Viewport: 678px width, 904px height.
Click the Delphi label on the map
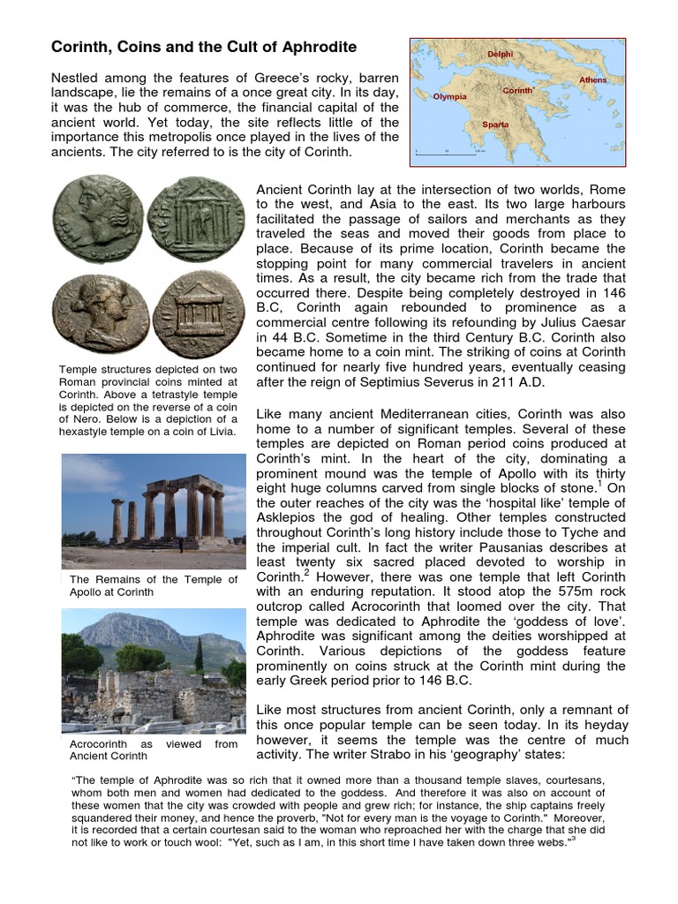[x=500, y=54]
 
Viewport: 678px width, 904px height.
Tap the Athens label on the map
[x=592, y=80]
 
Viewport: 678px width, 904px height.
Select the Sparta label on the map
[x=495, y=124]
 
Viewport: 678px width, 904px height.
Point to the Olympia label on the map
[x=450, y=95]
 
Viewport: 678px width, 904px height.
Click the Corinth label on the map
[x=517, y=91]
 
